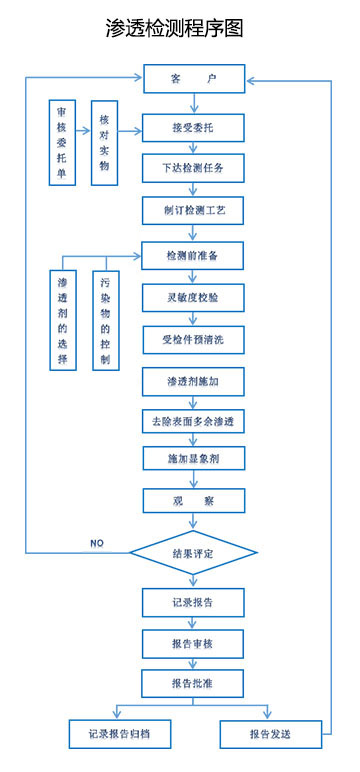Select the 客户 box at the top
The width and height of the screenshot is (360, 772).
193,78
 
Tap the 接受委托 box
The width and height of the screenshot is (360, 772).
193,127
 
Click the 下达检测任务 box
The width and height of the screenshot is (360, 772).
193,167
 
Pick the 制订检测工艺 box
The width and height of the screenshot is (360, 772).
193,211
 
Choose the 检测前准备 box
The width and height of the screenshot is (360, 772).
193,256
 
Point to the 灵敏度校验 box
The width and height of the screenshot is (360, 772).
193,298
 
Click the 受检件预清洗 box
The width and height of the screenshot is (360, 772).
193,339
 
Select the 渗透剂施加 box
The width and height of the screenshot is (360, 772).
193,382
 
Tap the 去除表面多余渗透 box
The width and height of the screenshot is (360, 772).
193,421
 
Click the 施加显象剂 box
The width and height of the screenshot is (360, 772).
193,459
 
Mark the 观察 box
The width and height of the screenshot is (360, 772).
193,500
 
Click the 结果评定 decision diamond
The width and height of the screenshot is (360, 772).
193,553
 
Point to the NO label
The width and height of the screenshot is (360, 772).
97,542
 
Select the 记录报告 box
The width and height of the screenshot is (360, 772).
193,603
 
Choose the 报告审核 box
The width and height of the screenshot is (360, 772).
193,643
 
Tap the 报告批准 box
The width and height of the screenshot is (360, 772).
193,683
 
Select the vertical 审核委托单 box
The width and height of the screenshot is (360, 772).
64,142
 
